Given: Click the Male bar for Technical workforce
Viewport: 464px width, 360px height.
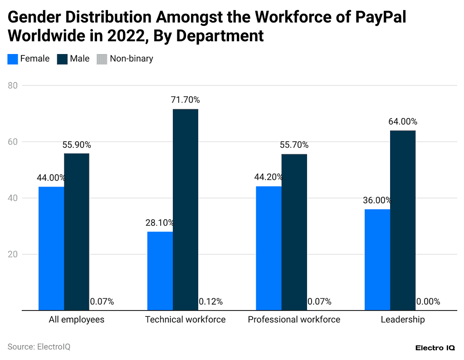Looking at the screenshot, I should click(x=185, y=210).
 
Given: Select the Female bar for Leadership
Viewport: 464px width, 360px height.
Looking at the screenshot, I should click(x=377, y=260).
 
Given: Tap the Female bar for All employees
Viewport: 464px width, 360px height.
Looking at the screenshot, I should click(x=51, y=248).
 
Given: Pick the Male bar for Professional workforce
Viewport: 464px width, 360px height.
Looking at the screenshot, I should click(x=294, y=232).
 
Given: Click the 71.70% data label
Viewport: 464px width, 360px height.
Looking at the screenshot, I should click(x=185, y=100).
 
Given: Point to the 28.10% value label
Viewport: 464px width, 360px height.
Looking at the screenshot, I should click(x=160, y=223).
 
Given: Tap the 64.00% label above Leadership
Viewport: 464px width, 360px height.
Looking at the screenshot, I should click(x=403, y=122).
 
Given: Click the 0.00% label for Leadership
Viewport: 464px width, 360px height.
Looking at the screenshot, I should click(x=428, y=301).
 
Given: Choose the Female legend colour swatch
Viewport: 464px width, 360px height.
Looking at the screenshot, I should click(x=13, y=59).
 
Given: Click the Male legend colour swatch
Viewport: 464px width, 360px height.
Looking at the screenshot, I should click(x=62, y=59).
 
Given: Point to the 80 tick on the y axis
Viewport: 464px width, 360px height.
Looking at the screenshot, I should click(x=13, y=85).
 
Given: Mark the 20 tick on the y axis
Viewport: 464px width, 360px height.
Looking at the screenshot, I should click(x=13, y=254).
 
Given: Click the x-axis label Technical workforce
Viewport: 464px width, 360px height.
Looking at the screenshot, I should click(x=185, y=320).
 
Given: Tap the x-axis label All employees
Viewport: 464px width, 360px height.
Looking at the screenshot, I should click(x=77, y=320).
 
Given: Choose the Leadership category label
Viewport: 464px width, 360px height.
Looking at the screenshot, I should click(x=403, y=320).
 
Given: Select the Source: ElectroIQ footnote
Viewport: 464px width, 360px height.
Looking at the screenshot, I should click(x=39, y=347).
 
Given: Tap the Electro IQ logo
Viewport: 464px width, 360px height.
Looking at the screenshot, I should click(x=435, y=348).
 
